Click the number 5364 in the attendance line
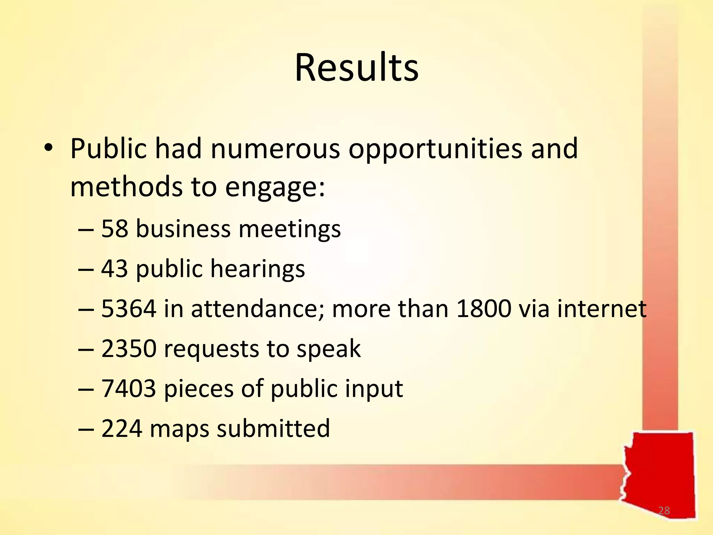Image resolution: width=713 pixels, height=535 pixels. click(128, 309)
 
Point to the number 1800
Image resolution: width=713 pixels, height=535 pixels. click(484, 309)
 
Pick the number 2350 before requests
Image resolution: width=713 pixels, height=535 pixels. click(128, 349)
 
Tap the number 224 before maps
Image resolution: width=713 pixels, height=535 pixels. click(122, 428)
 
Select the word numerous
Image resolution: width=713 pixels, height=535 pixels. click(275, 149)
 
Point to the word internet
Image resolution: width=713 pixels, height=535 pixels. click(602, 309)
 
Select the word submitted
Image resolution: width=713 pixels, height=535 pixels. click(273, 428)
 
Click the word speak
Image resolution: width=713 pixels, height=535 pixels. click(328, 349)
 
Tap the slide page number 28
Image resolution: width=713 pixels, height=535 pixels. click(664, 511)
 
